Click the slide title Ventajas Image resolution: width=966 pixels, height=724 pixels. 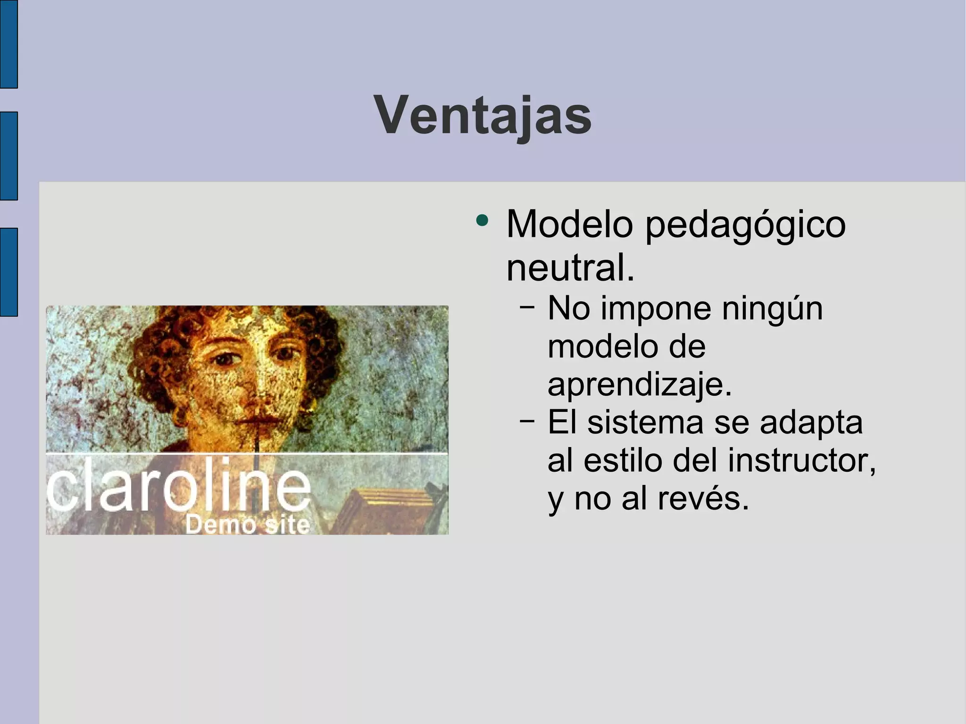coord(483,116)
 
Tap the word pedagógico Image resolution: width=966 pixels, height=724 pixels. coord(745,225)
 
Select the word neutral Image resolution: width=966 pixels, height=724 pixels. coord(570,267)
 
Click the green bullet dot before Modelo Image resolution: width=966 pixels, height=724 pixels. coord(482,220)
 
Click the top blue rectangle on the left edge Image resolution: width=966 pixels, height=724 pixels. coord(8,44)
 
